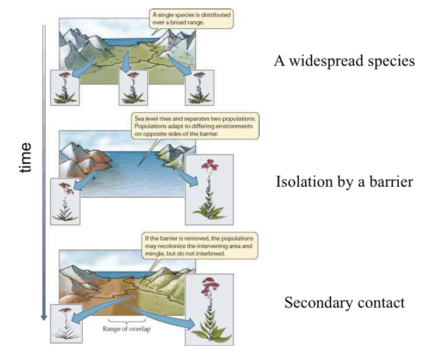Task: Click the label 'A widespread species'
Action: coord(344,60)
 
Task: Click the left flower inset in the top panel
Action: coord(65,87)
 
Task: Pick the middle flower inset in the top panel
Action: coord(133,87)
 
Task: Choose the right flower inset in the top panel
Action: coord(199,87)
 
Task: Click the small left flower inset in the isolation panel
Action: coord(65,201)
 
